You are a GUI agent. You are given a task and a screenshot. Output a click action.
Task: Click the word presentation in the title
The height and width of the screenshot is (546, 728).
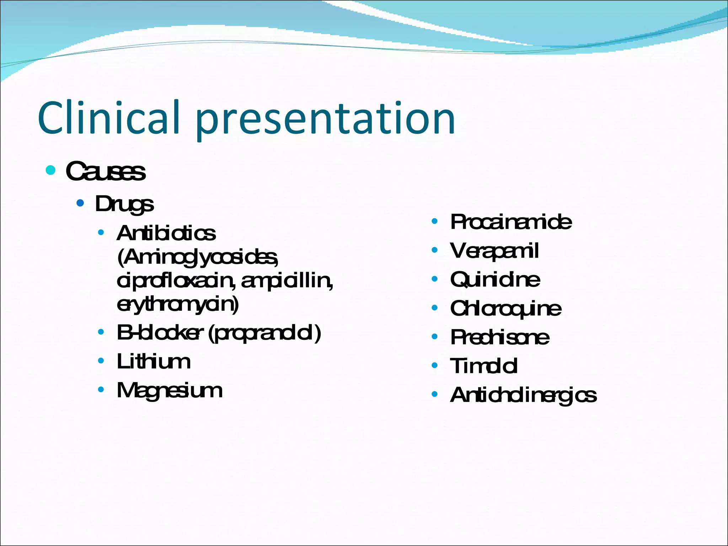[x=325, y=119]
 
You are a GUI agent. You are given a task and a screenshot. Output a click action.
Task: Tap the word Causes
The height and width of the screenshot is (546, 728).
[x=106, y=171]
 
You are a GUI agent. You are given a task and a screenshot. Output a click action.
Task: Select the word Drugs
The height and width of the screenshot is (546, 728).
[x=124, y=204]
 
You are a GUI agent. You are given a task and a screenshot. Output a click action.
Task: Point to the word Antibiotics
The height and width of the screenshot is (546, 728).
[x=166, y=234]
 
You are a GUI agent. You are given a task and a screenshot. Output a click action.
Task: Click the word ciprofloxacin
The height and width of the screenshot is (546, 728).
[x=175, y=281]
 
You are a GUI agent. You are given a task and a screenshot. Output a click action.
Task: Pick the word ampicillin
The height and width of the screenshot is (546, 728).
[x=287, y=281]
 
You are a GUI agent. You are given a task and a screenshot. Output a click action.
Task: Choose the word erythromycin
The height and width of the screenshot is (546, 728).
[x=178, y=304]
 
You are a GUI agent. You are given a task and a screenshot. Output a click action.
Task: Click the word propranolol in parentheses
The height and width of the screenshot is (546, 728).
[x=264, y=333]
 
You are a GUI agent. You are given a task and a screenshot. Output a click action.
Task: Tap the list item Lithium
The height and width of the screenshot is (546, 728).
[x=154, y=362]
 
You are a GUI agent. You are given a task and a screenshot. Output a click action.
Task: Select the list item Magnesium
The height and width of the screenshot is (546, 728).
[x=170, y=391]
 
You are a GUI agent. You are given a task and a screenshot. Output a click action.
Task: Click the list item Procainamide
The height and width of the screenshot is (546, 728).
[x=511, y=222]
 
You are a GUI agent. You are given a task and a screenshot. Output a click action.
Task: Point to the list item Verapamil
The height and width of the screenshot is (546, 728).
[x=494, y=251]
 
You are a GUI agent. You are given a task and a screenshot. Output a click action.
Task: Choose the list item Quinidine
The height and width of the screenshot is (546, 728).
[x=495, y=279]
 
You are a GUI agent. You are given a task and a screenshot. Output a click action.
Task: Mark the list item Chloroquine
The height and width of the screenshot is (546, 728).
[x=505, y=308]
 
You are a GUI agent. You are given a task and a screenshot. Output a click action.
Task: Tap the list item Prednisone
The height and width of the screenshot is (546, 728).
[x=499, y=337]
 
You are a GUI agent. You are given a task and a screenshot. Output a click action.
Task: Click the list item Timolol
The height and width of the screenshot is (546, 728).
[x=483, y=366]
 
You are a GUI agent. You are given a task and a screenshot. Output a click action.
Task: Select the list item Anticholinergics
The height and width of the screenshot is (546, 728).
[x=523, y=395]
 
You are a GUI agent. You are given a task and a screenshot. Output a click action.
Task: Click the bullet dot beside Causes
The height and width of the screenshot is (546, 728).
[x=51, y=170]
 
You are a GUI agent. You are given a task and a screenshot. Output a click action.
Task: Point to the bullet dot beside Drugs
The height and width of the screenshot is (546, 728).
[x=80, y=203]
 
